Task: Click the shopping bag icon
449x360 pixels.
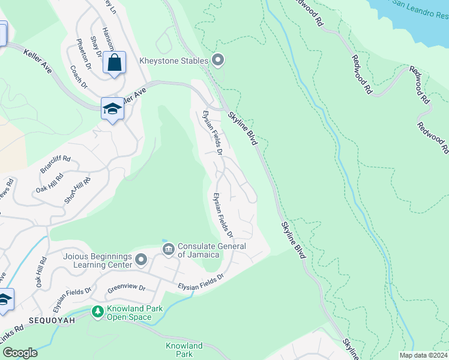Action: point(114,62)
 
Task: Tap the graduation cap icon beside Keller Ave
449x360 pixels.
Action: point(112,109)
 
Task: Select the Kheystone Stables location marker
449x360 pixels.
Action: point(218,60)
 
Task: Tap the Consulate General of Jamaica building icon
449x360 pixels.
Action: point(168,248)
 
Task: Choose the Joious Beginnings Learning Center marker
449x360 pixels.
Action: point(141,259)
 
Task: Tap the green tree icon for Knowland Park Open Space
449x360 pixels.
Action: point(97,311)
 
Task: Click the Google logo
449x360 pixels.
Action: point(20,353)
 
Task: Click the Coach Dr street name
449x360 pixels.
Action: point(79,76)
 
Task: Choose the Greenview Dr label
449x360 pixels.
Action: point(127,288)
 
